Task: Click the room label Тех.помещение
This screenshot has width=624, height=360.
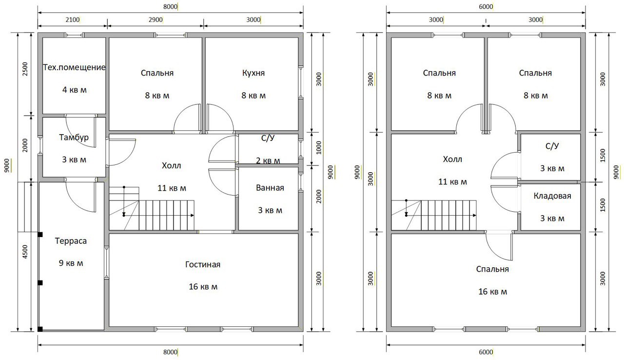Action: coord(75,67)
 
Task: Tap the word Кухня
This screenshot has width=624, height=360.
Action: coord(253,73)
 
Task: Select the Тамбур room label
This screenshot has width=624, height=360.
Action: coord(74,138)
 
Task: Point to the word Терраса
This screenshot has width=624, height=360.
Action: coord(71,241)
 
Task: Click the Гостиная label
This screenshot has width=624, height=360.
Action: coord(203,264)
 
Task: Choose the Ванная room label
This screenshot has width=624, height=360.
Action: coord(270,188)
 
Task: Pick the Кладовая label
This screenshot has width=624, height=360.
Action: coord(552,196)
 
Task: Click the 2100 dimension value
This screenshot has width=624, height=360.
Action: coord(73,20)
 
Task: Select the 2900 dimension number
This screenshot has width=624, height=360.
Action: coord(156,20)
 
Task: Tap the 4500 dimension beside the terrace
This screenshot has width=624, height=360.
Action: coord(25,252)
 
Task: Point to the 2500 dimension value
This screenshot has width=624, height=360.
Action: coord(25,69)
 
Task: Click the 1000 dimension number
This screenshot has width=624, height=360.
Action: coord(319,148)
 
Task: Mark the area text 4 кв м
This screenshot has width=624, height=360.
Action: coord(75,90)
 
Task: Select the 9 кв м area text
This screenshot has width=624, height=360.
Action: coord(71,263)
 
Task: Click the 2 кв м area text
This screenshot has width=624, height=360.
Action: coord(268,161)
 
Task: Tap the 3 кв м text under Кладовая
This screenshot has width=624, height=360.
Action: coord(552,219)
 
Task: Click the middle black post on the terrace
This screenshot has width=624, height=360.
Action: coord(40,283)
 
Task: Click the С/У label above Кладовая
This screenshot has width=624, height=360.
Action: coord(552,146)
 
